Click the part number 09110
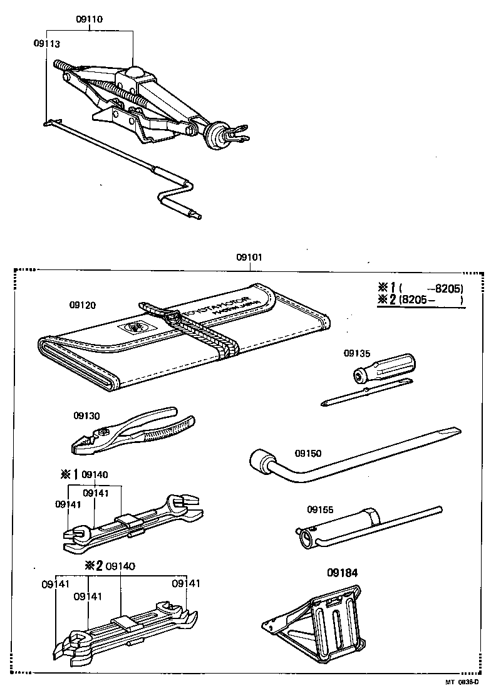[90, 19]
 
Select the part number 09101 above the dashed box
[249, 258]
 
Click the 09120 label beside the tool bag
[83, 305]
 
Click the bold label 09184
[339, 571]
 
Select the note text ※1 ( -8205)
[420, 288]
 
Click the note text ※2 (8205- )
[420, 300]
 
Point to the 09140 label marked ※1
[95, 474]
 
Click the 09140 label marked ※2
[120, 566]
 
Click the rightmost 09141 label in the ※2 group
[186, 583]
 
